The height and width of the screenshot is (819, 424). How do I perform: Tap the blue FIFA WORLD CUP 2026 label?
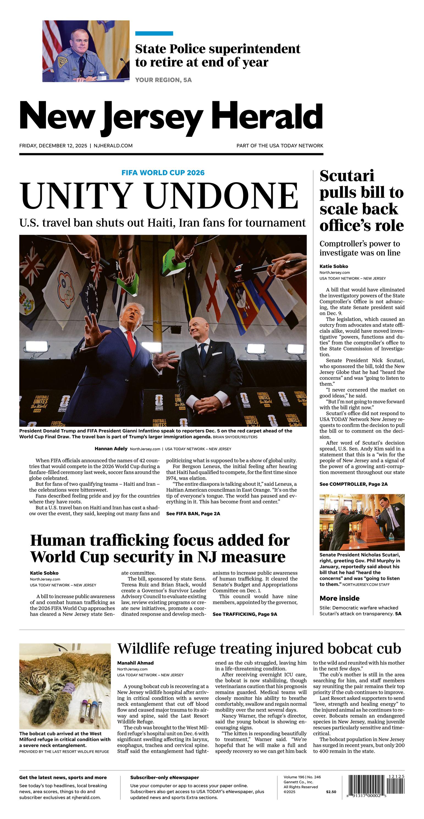coord(163,173)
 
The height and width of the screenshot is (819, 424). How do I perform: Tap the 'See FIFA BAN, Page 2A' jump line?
coord(193,514)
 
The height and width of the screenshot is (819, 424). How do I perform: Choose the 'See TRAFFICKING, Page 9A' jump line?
coord(245,614)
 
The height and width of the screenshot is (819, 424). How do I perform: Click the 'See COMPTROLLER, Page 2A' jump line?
coord(353,484)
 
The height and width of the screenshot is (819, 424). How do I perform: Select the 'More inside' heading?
coord(339,598)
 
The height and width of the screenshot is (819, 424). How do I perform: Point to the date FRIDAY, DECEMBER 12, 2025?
coord(53,146)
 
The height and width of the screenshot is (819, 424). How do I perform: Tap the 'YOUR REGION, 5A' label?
coord(163,80)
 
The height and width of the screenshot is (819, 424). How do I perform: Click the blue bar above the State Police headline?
coord(154,33)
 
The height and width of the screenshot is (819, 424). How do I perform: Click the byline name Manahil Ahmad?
coord(135,663)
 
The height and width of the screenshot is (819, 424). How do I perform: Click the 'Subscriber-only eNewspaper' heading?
coord(164,777)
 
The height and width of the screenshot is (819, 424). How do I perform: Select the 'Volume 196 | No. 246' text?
coord(302,777)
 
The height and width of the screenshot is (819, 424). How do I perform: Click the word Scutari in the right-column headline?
coord(347,176)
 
